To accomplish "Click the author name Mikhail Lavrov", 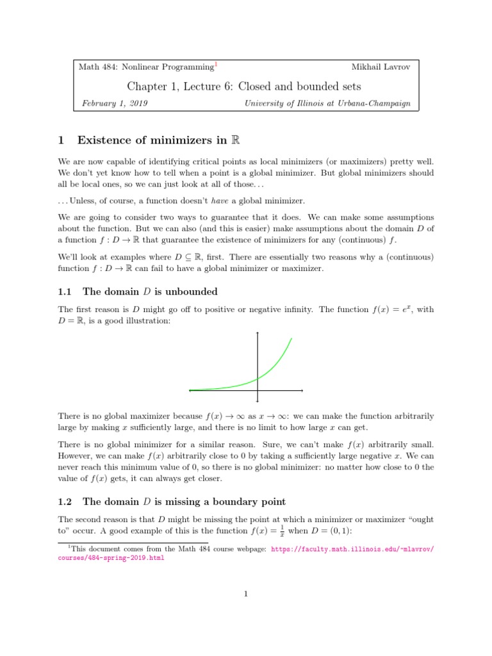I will coord(382,67).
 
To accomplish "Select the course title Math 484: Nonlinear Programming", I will coord(145,67).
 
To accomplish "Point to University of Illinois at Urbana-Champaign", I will coord(327,103).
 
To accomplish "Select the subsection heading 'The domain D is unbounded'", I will coord(150,291).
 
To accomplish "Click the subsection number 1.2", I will coord(66,502).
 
